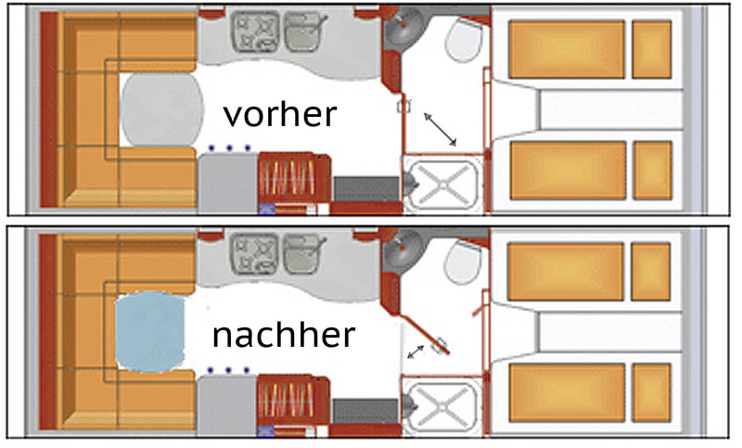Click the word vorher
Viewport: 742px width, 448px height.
(x=280, y=115)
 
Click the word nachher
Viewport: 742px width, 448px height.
(x=284, y=335)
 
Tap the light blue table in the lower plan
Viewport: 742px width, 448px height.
(x=150, y=331)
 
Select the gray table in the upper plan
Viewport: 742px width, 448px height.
(x=161, y=109)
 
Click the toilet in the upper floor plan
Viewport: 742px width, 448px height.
(x=465, y=40)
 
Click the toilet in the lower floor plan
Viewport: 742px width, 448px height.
(x=463, y=262)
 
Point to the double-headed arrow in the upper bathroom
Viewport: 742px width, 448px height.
(x=440, y=129)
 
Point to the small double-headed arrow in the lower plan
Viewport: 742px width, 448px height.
(x=416, y=352)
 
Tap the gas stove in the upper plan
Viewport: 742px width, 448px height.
(x=256, y=32)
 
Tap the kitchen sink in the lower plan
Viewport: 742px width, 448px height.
(x=303, y=254)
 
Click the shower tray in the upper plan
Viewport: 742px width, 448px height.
(x=442, y=185)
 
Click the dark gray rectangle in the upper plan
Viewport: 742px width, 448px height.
(x=366, y=189)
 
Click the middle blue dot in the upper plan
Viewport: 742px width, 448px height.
(x=229, y=148)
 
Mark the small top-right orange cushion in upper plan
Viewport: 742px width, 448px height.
(x=652, y=49)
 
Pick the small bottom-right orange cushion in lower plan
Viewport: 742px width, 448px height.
(x=651, y=392)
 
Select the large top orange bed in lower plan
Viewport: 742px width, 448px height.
(x=566, y=272)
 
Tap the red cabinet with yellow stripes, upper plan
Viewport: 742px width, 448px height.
(x=293, y=178)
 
